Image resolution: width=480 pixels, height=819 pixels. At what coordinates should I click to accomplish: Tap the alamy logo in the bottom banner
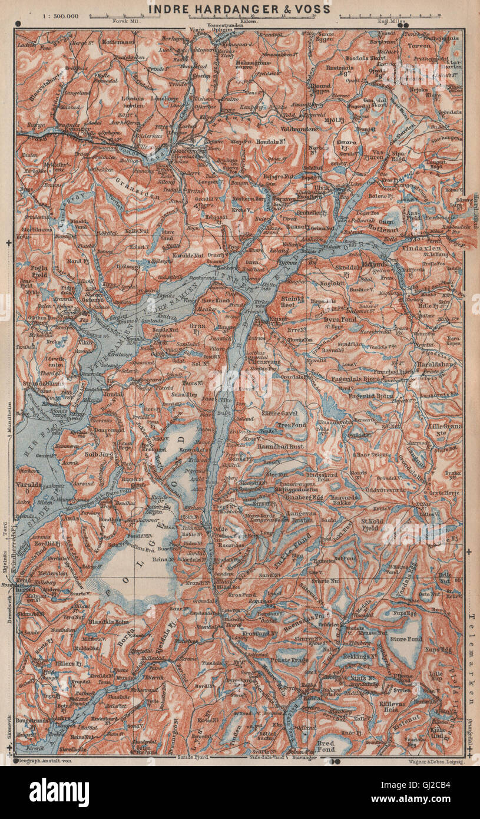coord(59,792)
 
